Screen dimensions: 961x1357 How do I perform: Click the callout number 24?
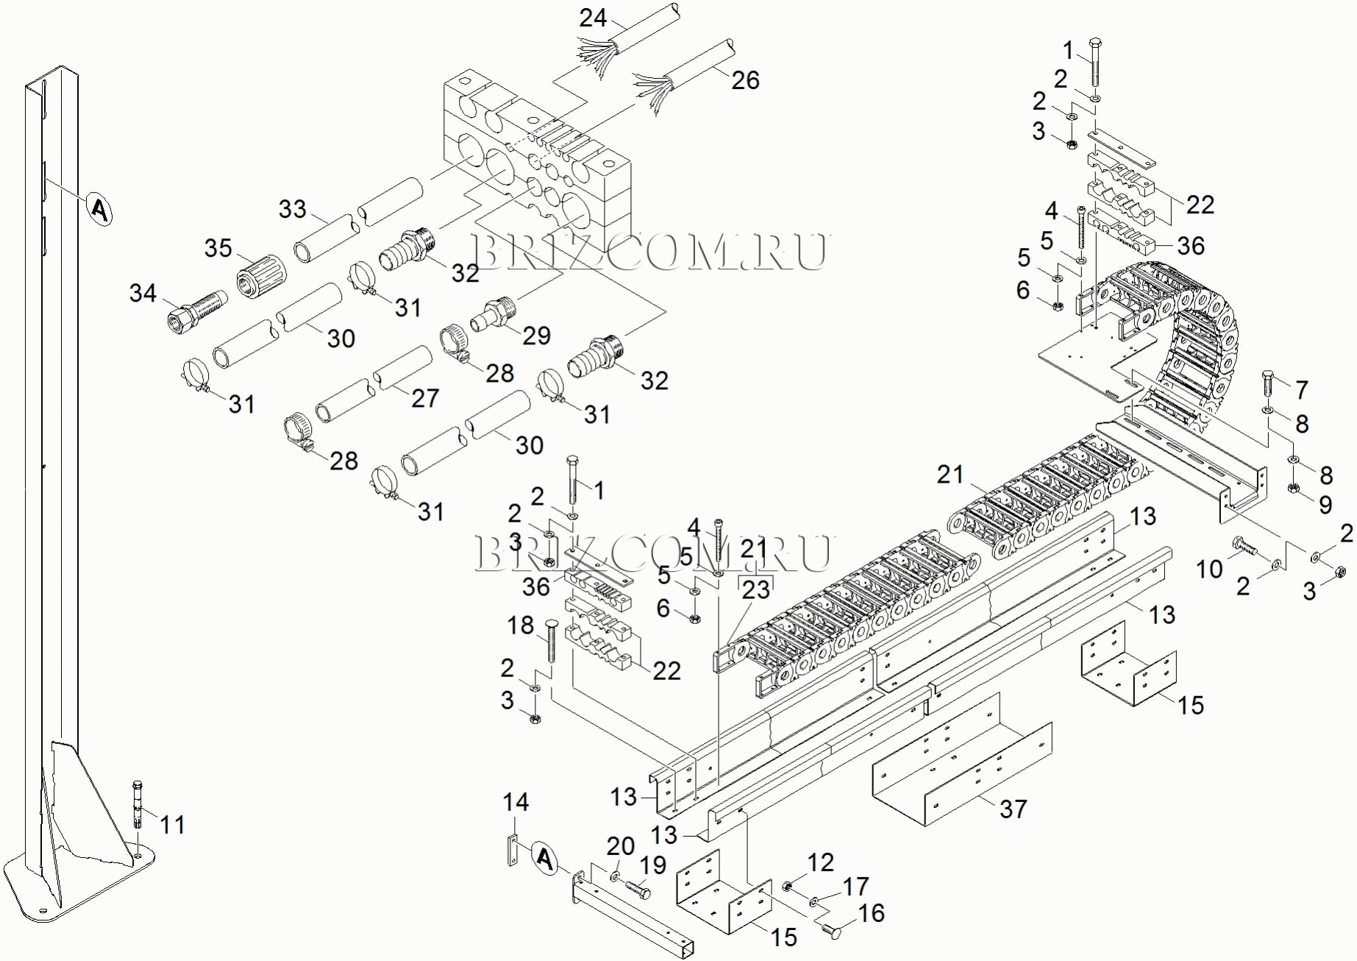coord(593,18)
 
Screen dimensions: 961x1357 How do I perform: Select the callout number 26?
coord(744,80)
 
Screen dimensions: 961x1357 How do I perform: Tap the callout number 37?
coord(1013,809)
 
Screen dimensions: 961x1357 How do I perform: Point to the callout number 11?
coord(172,825)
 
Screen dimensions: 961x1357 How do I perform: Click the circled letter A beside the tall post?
coord(100,210)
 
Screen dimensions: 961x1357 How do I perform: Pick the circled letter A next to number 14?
coord(544,857)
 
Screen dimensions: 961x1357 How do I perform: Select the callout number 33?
coord(292,209)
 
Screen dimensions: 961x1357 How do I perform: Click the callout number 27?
coord(425,398)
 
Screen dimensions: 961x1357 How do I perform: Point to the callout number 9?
coord(1325,505)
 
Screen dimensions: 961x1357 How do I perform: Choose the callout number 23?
coord(755,589)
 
